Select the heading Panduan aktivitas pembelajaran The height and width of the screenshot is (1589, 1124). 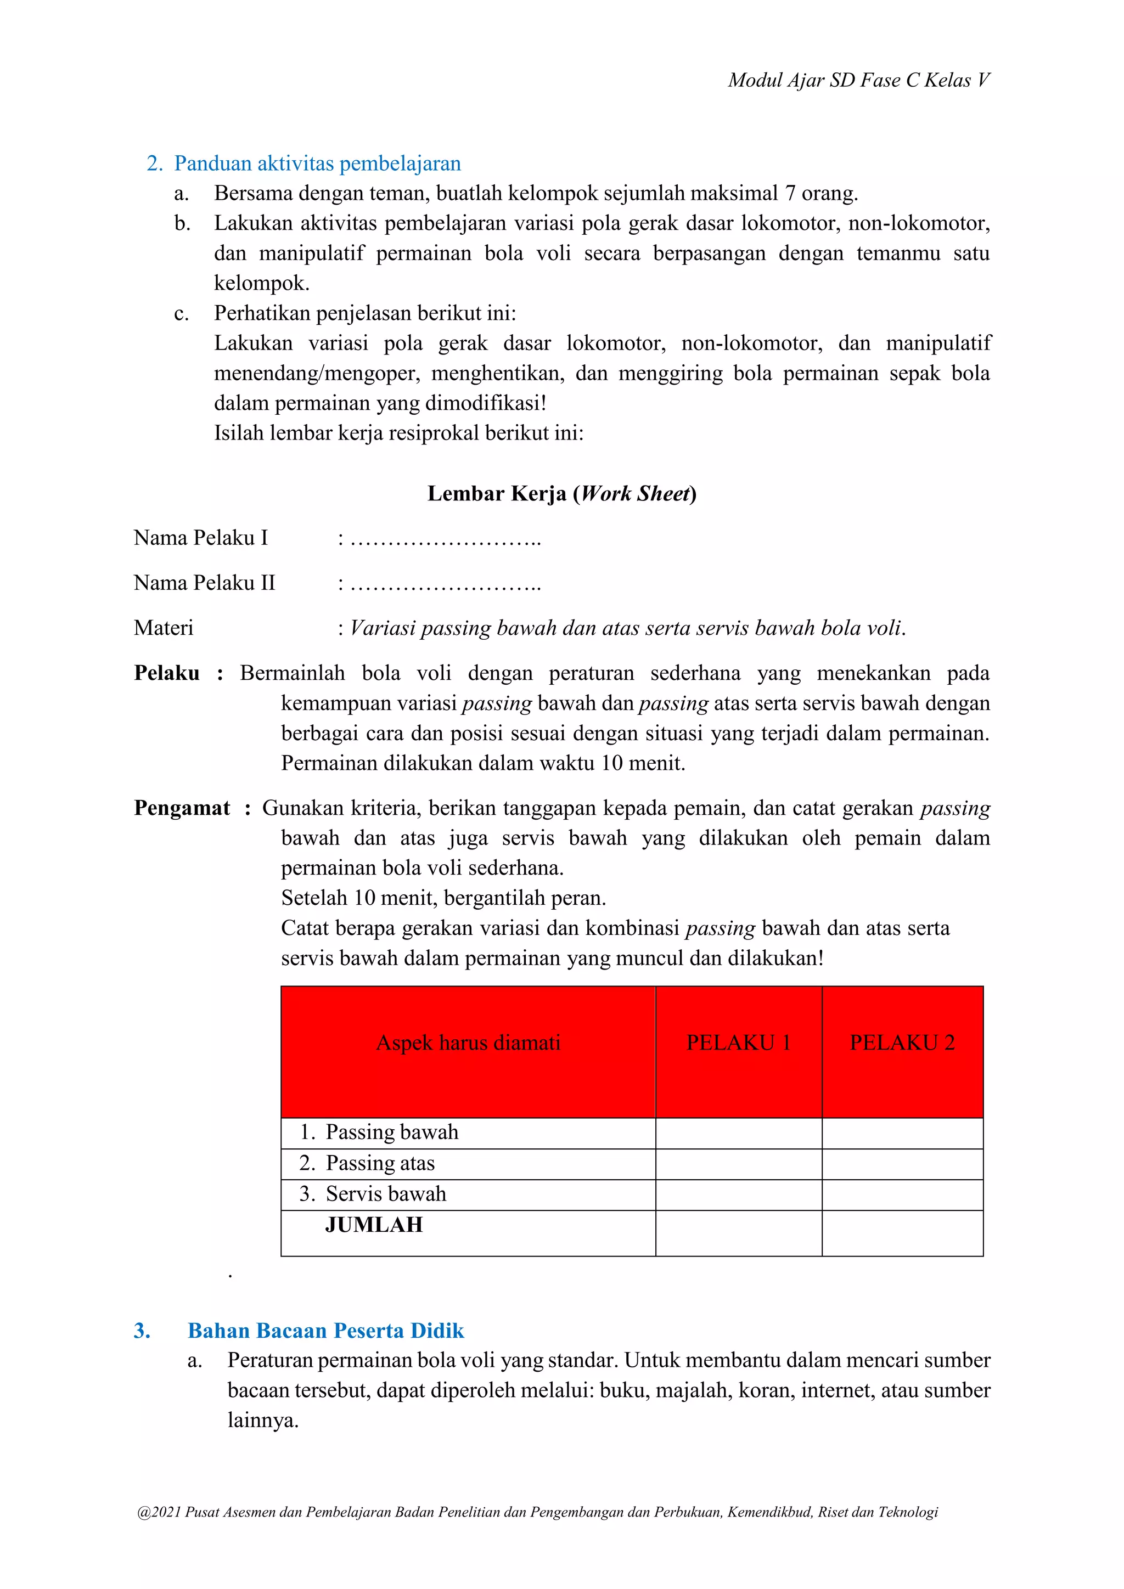coord(317,164)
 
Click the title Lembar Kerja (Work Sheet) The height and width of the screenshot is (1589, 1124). coord(561,493)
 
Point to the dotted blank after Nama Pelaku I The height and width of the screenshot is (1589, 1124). coord(445,539)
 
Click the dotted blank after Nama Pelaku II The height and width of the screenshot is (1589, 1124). coord(445,584)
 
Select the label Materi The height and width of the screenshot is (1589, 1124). coord(164,628)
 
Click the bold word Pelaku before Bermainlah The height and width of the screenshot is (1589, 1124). coord(166,673)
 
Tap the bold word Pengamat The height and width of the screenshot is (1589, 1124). coord(181,808)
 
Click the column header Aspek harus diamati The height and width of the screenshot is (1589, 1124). coord(468,1043)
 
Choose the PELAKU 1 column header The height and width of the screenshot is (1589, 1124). coord(739,1043)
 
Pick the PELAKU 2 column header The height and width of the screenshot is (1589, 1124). coord(902,1043)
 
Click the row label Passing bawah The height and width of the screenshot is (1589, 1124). coord(391,1132)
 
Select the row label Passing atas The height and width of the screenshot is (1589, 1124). coord(379,1163)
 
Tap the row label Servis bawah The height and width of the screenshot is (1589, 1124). coord(385,1194)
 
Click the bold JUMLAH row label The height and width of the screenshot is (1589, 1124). coord(374,1225)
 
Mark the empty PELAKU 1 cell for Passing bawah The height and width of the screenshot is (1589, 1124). coord(739,1134)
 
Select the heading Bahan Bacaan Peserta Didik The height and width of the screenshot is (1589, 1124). coord(325,1331)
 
